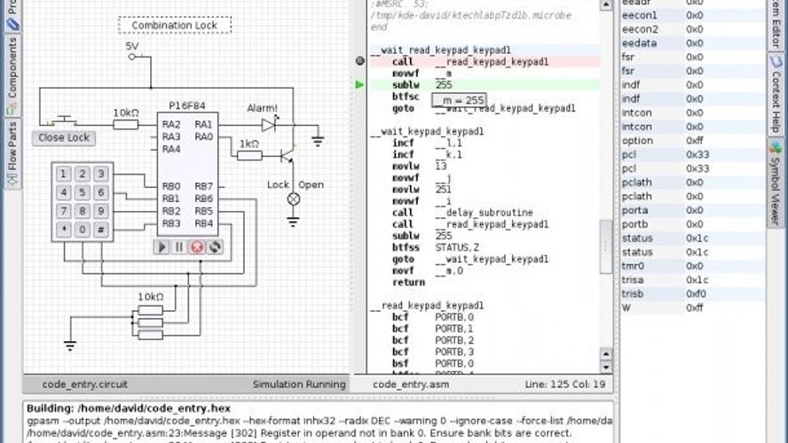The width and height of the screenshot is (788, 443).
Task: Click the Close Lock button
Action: [64, 138]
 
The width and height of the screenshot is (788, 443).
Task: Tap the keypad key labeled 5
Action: [83, 192]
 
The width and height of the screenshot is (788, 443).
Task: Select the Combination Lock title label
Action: [175, 25]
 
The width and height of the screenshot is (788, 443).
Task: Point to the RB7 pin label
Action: [203, 186]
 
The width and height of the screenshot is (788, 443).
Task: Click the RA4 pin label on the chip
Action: [171, 149]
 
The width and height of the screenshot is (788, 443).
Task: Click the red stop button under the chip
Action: [197, 247]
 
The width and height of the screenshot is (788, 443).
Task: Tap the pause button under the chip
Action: [179, 247]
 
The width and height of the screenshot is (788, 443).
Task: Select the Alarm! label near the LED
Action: [262, 108]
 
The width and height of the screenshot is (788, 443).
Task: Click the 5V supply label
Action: [131, 46]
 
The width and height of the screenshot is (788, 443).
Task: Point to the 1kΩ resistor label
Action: [248, 144]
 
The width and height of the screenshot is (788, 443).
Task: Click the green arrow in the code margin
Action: [359, 85]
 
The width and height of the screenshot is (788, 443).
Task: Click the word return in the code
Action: [408, 282]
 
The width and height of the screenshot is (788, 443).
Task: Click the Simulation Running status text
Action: [298, 385]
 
